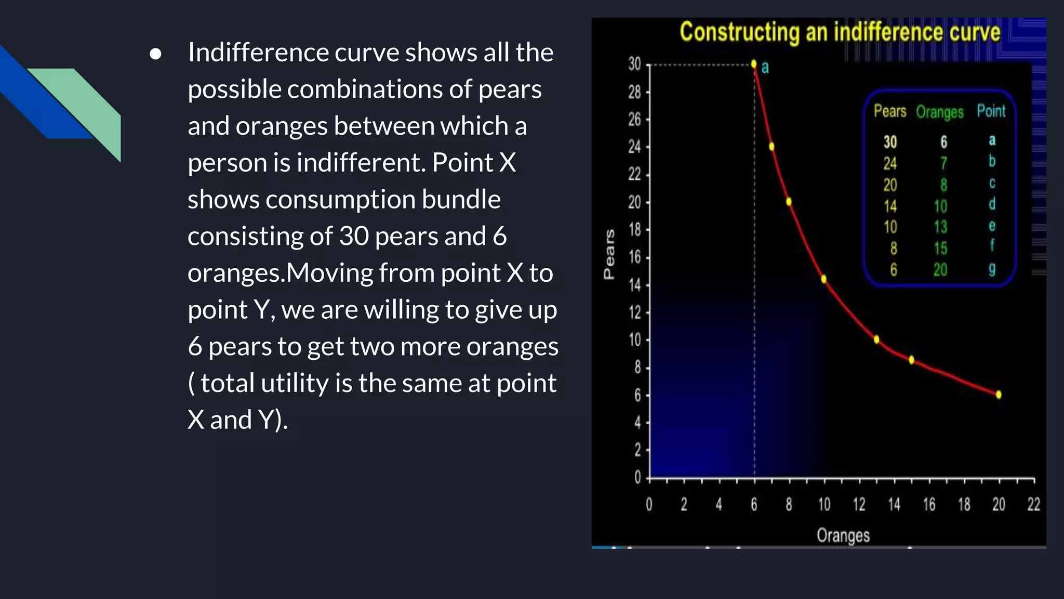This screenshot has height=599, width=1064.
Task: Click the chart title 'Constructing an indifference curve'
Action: pyautogui.click(x=840, y=32)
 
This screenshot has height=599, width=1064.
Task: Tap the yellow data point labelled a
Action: pyautogui.click(x=754, y=64)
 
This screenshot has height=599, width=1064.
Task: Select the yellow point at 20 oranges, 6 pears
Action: pyautogui.click(x=999, y=395)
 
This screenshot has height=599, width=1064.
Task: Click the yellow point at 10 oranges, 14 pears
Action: pyautogui.click(x=824, y=279)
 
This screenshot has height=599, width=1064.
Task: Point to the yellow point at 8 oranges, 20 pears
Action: pyautogui.click(x=789, y=202)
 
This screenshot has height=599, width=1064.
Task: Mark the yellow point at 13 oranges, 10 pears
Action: pyautogui.click(x=876, y=340)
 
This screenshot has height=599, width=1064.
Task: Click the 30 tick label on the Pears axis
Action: pyautogui.click(x=634, y=64)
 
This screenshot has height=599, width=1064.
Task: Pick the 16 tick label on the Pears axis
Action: pyautogui.click(x=634, y=257)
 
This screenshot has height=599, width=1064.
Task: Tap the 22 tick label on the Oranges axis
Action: pyautogui.click(x=1033, y=504)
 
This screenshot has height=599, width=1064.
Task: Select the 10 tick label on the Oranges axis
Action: pyautogui.click(x=824, y=504)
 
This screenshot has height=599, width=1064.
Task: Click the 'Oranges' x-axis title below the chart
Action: pyautogui.click(x=843, y=535)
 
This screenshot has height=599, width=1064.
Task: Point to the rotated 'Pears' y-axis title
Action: pyautogui.click(x=609, y=254)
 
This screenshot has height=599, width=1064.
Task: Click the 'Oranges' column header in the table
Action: pyautogui.click(x=939, y=112)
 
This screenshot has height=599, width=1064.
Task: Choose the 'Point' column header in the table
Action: pyautogui.click(x=991, y=111)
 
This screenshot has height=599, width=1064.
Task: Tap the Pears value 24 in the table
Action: pyautogui.click(x=890, y=163)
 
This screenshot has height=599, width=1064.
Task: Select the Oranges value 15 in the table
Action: pyautogui.click(x=940, y=249)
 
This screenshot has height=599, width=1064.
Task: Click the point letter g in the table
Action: pyautogui.click(x=992, y=269)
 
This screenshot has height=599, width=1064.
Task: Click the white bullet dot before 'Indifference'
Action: pyautogui.click(x=155, y=54)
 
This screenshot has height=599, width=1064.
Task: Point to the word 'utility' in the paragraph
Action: pyautogui.click(x=295, y=383)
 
